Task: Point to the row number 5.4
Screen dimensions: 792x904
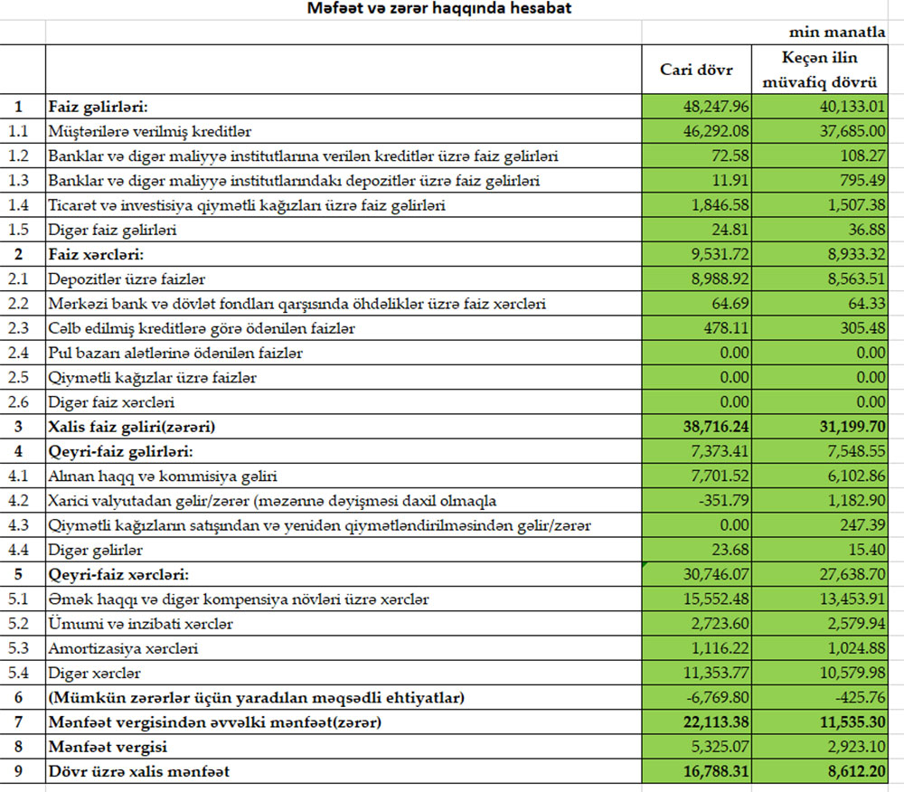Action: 19,673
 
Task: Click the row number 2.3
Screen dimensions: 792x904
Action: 19,328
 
